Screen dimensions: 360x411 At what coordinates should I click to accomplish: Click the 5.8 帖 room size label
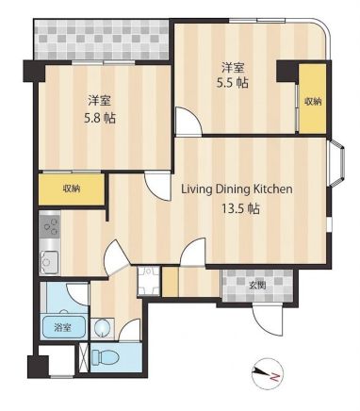pos(100,118)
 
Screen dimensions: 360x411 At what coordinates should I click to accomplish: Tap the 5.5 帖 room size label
pos(233,83)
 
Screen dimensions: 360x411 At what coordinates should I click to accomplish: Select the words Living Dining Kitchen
pos(237,189)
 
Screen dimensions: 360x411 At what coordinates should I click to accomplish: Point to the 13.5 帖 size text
pos(241,208)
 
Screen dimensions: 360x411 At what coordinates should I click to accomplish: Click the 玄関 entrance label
pos(257,286)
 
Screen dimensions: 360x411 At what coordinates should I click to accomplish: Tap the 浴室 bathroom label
pos(62,328)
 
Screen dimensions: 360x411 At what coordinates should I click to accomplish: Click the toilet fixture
pos(106,357)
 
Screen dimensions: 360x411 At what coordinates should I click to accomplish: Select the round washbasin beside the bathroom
pos(102,328)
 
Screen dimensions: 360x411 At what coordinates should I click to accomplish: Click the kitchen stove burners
pos(50,224)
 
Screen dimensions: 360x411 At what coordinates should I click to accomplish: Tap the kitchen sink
pos(49,262)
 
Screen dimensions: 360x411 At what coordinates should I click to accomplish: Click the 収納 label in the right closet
pos(313,102)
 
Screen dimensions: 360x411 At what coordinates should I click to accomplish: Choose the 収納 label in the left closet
pos(72,189)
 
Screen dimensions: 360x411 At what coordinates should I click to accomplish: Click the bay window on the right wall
pos(335,163)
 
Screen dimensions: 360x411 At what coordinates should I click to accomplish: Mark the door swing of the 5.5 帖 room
pos(188,121)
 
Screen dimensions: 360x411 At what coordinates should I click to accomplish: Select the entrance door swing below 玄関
pos(268,321)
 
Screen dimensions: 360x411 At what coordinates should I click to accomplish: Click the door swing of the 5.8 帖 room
pos(158,187)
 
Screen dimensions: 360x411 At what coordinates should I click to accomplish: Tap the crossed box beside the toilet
pos(84,358)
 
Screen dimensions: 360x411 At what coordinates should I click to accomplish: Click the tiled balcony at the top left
pos(102,40)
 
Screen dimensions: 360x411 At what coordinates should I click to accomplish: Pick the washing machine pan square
pos(149,281)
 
